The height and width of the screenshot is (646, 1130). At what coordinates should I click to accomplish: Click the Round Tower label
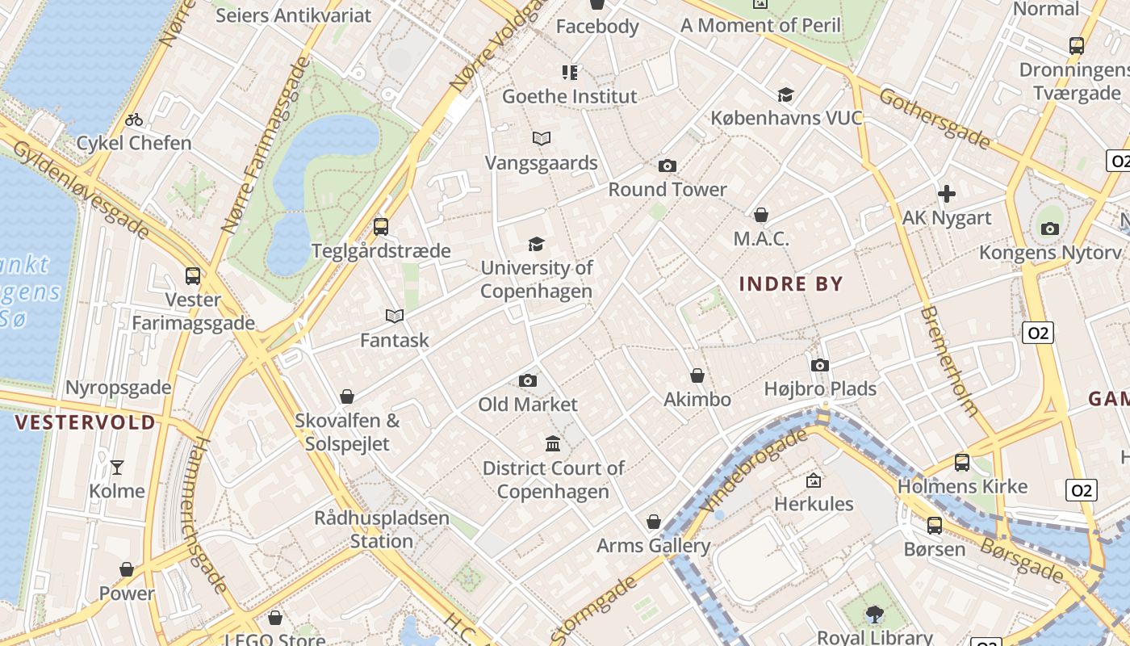coord(668,190)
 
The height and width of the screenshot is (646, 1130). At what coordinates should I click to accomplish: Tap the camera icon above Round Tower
coord(668,166)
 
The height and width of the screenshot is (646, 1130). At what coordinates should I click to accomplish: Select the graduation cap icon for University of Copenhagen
coord(536,244)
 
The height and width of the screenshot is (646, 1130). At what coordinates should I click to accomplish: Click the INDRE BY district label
coord(791,284)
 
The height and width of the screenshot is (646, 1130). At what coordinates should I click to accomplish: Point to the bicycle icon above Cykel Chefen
coord(134,120)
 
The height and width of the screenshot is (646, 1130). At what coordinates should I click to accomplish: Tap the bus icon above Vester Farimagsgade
coord(193,276)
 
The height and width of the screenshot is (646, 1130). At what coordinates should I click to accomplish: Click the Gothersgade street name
coord(934,119)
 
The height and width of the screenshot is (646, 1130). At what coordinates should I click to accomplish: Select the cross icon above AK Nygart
coord(947,194)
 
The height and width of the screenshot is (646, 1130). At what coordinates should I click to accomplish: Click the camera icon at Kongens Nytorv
coord(1050,229)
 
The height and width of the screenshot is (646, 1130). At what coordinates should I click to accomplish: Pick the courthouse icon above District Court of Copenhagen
coord(553,444)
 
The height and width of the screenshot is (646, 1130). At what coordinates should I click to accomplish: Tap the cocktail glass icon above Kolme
coord(117,467)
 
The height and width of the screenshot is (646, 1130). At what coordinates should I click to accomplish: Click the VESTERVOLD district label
coord(85,422)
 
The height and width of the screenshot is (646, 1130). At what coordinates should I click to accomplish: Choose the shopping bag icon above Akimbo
coord(697,375)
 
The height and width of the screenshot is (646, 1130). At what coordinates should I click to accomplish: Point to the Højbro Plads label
coord(820,389)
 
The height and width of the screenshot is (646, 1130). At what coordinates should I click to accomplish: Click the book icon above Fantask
coord(395,316)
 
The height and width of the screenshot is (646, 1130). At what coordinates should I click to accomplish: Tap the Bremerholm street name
coord(949,360)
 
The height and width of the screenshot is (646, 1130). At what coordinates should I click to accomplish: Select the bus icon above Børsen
coord(935,526)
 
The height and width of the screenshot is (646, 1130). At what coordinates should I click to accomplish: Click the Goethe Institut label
coord(570,97)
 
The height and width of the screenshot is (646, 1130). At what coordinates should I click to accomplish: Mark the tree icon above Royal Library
coord(875,615)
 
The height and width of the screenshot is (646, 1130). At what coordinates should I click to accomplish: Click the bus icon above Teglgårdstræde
coord(381,227)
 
